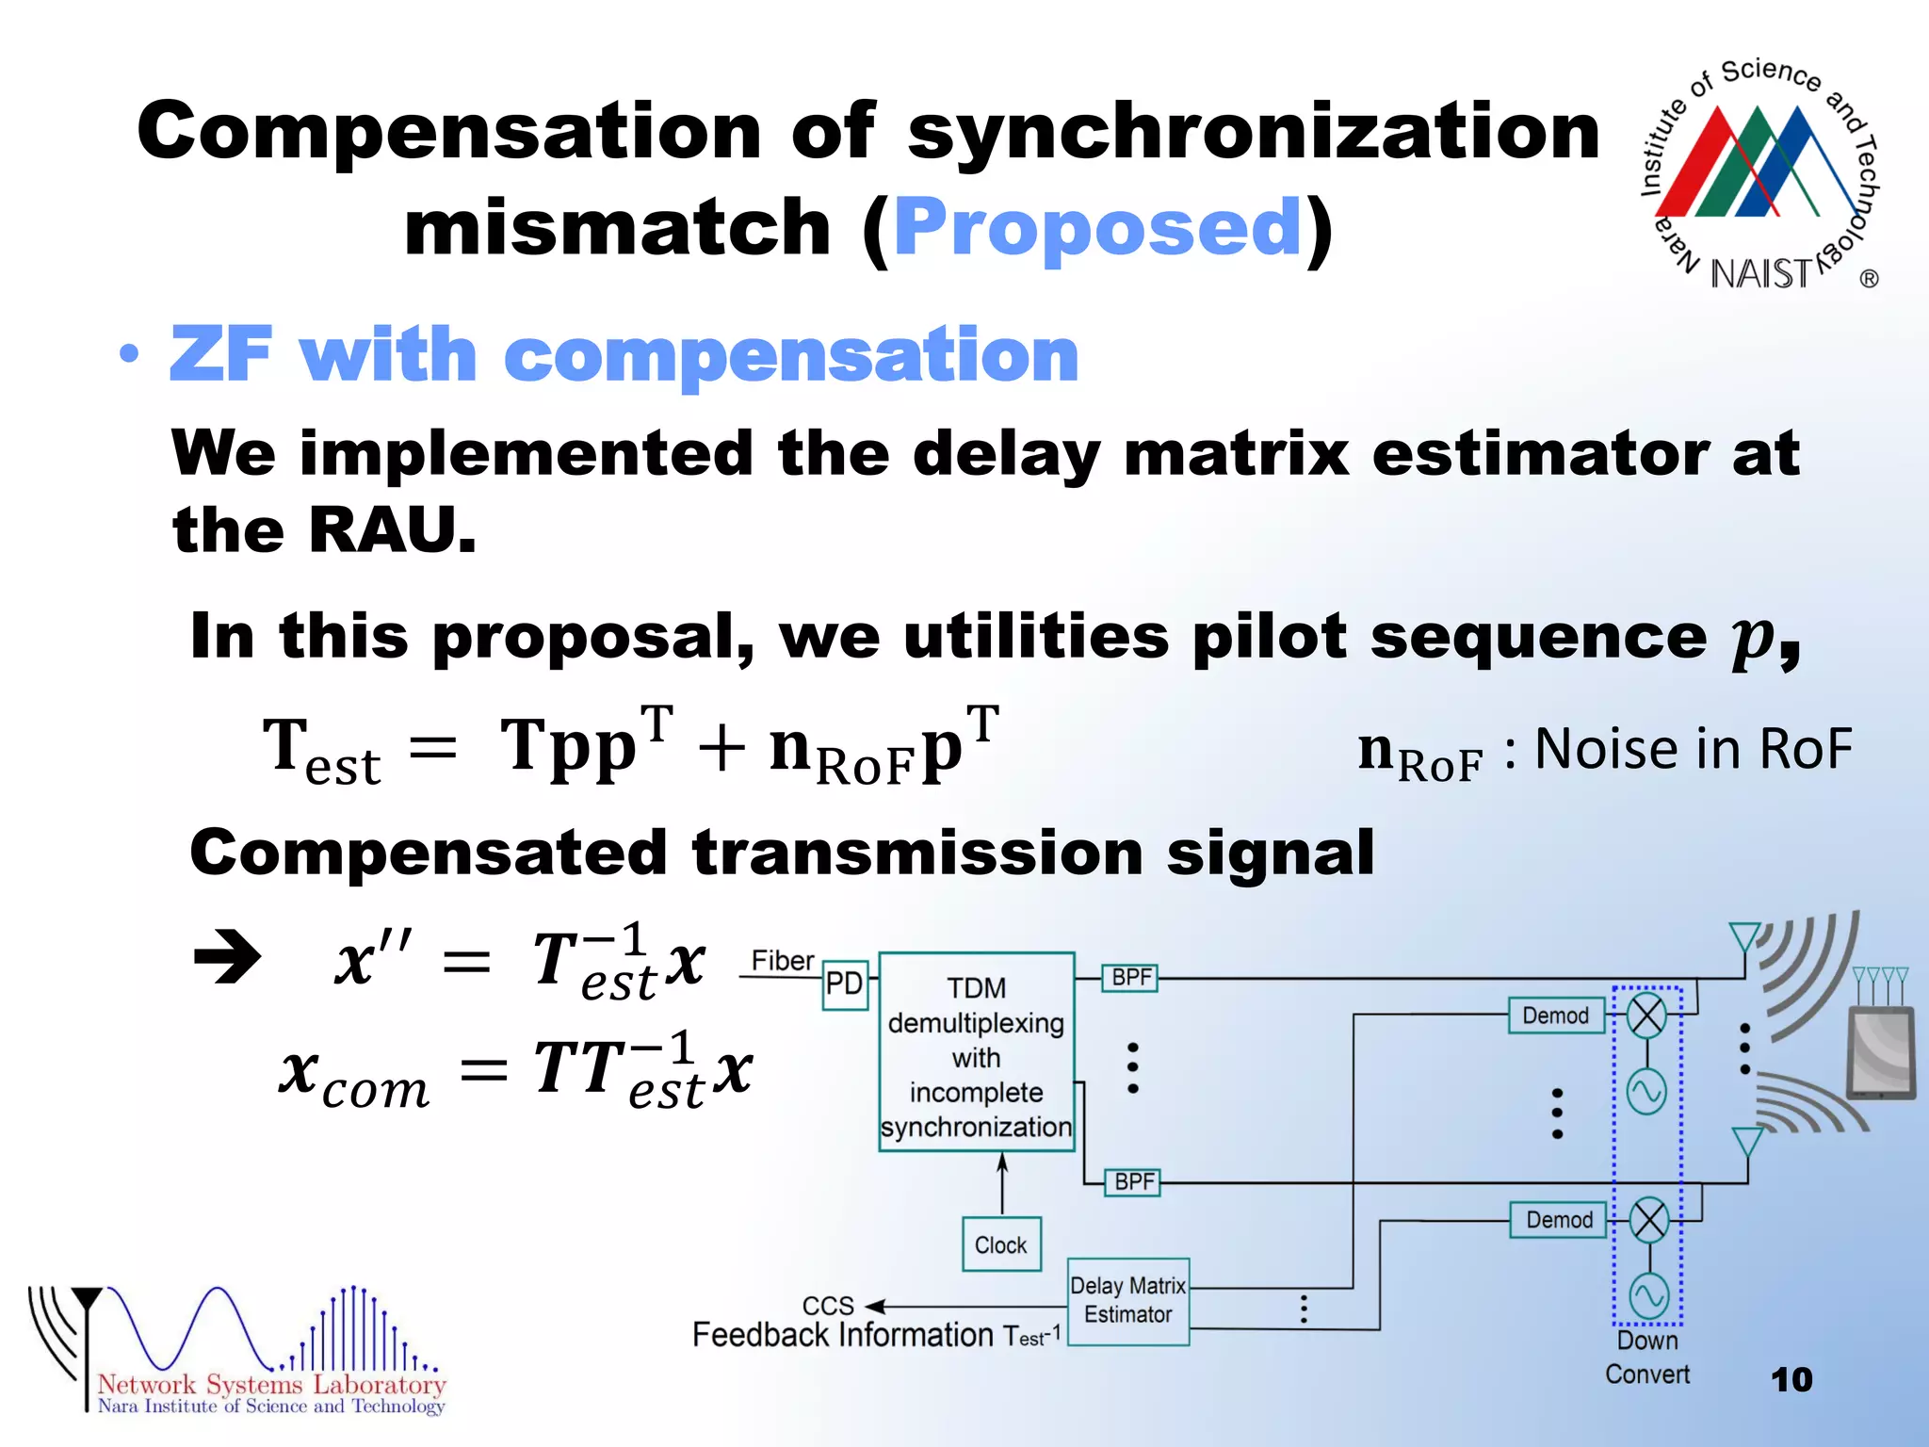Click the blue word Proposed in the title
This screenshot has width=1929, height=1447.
coord(1097,228)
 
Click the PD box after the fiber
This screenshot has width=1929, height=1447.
coord(844,984)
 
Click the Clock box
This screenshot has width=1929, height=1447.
coord(1001,1245)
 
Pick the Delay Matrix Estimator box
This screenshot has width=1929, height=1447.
coord(1128,1301)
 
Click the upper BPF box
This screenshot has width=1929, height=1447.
coord(1131,978)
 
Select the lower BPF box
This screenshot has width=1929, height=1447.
coord(1134,1182)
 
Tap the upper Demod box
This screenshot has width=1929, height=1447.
coord(1556,1016)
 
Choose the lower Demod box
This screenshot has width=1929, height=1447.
coord(1559,1220)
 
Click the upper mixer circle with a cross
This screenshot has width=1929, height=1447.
coord(1647,1016)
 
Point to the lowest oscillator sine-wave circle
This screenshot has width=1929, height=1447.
coord(1649,1296)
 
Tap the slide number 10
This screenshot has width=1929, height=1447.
coord(1791,1380)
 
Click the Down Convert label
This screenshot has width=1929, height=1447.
coord(1647,1358)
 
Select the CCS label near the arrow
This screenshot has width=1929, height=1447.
coord(828,1306)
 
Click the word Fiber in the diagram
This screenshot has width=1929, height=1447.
coord(783,961)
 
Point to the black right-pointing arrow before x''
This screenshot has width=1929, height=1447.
coord(227,958)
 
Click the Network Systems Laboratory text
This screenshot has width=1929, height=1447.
coord(271,1385)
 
